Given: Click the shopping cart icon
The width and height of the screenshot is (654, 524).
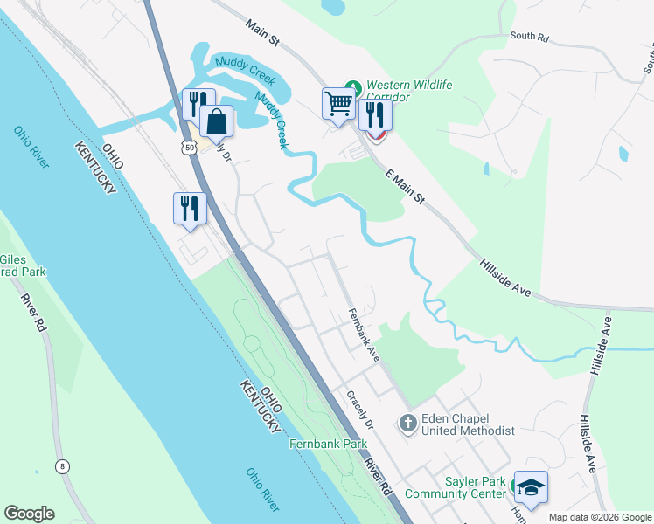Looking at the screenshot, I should pos(337,104).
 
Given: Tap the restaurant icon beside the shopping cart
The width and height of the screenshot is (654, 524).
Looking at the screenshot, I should pos(375,114).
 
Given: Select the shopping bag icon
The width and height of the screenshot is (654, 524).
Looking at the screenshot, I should pos(216,122).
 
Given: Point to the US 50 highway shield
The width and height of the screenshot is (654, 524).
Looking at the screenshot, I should pos(189,148).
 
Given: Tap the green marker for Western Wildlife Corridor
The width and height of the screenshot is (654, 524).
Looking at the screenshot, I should pos(352,86).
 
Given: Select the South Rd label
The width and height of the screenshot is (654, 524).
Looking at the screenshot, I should pos(529,38).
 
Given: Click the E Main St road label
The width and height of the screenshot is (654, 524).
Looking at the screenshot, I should pos(405,187).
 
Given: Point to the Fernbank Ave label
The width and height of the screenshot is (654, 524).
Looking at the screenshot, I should pos(363,335).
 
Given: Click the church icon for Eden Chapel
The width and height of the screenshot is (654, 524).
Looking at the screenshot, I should pos(407,424).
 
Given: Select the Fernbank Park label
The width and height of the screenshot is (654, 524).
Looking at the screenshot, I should pos(328,444).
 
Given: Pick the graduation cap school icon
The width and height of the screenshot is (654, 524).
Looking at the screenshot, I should pos(530,486).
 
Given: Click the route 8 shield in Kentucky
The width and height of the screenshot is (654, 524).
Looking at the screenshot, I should pos(61,466).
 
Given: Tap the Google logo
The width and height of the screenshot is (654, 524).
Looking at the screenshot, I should pos(29,514).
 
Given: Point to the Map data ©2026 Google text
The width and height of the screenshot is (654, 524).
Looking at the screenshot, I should pos(599,517).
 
